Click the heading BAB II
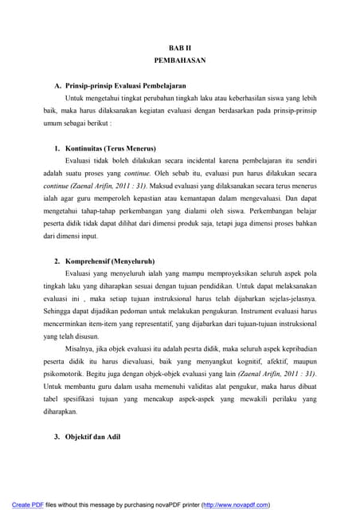point(179,47)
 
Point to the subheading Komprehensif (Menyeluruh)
point(109,261)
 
